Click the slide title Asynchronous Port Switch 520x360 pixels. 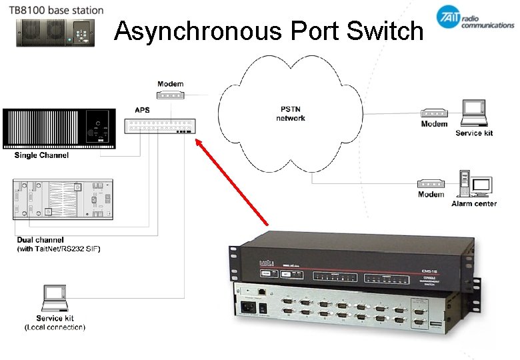269,31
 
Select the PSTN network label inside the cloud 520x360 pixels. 291,113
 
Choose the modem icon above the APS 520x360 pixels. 169,95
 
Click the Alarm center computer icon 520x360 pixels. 473,183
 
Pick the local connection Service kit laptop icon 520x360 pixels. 55,298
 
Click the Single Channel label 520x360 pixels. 41,155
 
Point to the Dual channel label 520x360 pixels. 41,239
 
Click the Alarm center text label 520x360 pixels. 473,203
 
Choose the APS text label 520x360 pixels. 142,110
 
